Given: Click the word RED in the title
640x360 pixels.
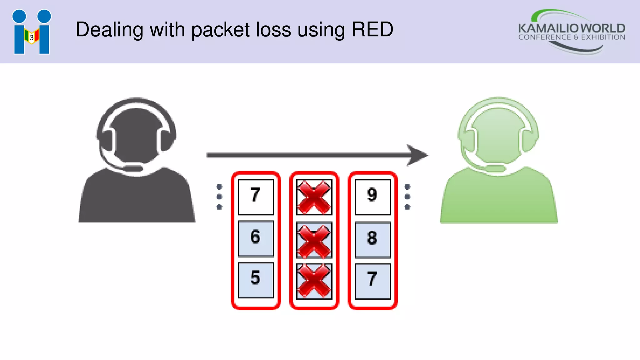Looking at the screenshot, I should coord(372,30).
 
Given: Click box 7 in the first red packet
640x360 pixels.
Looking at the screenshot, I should coord(256,197).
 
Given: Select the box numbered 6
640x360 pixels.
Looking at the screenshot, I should coord(256,238).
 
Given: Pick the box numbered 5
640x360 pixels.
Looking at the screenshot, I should coord(256,280).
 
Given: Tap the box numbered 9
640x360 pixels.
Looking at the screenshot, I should coord(372,197).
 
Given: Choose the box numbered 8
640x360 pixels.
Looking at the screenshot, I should coord(372,239).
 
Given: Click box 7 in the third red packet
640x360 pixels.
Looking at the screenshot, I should coord(372,281).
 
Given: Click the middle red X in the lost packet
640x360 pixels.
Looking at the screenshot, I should coord(314,240).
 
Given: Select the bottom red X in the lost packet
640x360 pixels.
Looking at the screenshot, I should coord(314,281).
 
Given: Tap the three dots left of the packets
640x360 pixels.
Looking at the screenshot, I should coord(219,197).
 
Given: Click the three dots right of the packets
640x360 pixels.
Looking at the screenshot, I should coord(407,197).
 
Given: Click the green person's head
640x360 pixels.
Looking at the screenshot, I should coord(498,134).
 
